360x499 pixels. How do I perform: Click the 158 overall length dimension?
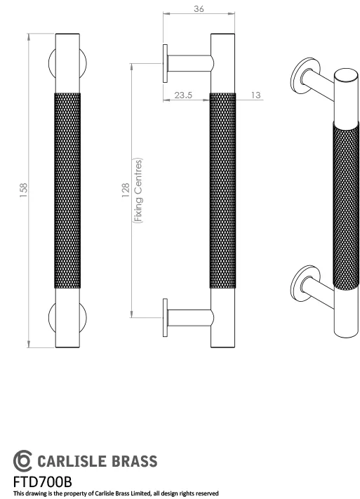click(23, 189)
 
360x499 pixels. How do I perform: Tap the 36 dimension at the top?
click(199, 9)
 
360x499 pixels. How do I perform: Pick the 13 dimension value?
click(255, 95)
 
